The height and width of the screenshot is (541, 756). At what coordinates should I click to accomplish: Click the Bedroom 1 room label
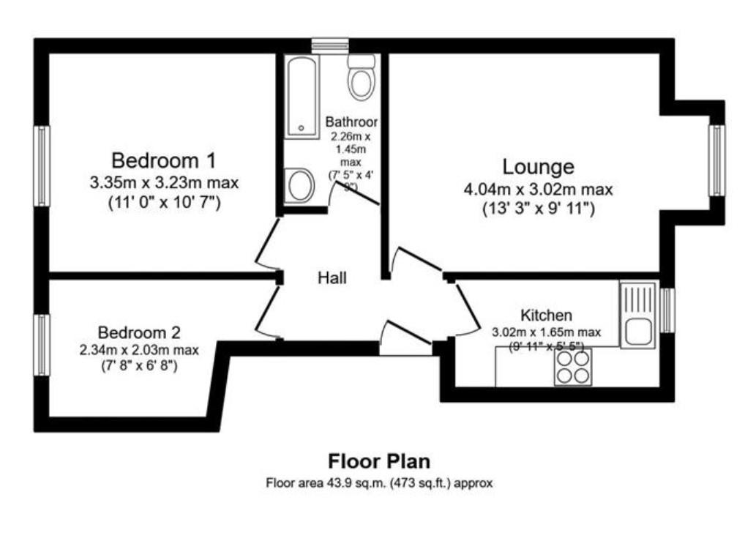pos(164,160)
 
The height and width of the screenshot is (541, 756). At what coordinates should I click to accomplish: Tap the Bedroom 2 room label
pos(139,332)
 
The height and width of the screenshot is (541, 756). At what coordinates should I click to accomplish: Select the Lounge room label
pos(538,167)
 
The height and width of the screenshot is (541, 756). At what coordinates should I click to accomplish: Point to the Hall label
pos(332,278)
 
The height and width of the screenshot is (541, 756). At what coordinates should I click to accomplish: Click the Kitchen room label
pos(546,316)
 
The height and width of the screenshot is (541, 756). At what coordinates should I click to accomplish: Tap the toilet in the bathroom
pos(362,78)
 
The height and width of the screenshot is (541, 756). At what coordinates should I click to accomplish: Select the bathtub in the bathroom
pos(302,97)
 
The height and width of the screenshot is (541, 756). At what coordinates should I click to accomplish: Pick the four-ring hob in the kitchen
pos(573,367)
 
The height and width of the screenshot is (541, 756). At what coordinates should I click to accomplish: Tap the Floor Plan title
pos(378,461)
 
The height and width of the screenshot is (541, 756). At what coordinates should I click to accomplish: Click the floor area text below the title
pos(378,483)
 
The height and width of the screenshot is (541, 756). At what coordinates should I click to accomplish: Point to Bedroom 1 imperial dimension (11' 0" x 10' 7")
pos(164,201)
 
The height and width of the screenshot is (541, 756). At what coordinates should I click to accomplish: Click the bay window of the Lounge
pos(717,160)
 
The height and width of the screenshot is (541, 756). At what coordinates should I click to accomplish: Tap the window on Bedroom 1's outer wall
pos(43,166)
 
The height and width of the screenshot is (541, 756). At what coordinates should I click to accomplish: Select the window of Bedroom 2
pos(43,345)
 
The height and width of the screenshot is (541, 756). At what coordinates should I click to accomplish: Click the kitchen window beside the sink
pos(667,310)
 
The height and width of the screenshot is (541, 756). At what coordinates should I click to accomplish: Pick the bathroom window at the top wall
pos(329,45)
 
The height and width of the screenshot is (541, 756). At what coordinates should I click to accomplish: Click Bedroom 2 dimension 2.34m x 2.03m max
pos(139,350)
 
